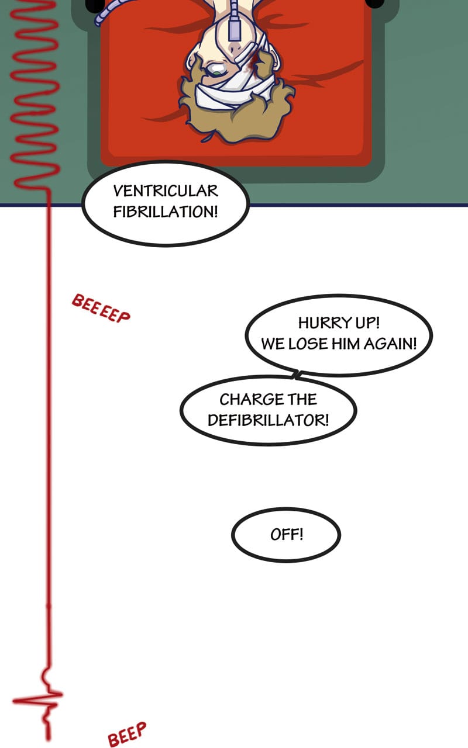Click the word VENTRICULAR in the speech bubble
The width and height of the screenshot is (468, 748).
coord(165,191)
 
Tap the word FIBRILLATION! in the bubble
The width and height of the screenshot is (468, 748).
coord(165,212)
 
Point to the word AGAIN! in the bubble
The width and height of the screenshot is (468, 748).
coord(390,344)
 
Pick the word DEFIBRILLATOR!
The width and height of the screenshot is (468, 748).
coord(268,420)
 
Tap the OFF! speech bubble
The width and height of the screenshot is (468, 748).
coord(286,535)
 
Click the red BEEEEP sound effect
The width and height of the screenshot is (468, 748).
coord(101,309)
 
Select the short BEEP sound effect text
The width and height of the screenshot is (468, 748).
coord(126,734)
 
